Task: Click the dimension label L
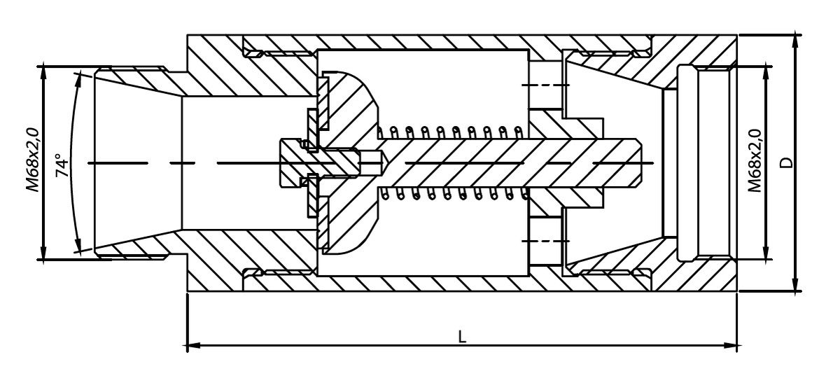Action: pos(462,337)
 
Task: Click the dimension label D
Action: pos(787,162)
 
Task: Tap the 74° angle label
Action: pos(62,165)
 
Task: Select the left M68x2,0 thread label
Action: pos(33,160)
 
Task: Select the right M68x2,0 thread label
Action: pos(755,160)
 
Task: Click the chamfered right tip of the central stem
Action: pos(638,163)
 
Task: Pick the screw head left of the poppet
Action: pos(290,163)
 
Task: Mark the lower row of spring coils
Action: pos(454,193)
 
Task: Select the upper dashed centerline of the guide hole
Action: pos(545,85)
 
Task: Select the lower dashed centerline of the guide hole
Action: pos(545,240)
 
